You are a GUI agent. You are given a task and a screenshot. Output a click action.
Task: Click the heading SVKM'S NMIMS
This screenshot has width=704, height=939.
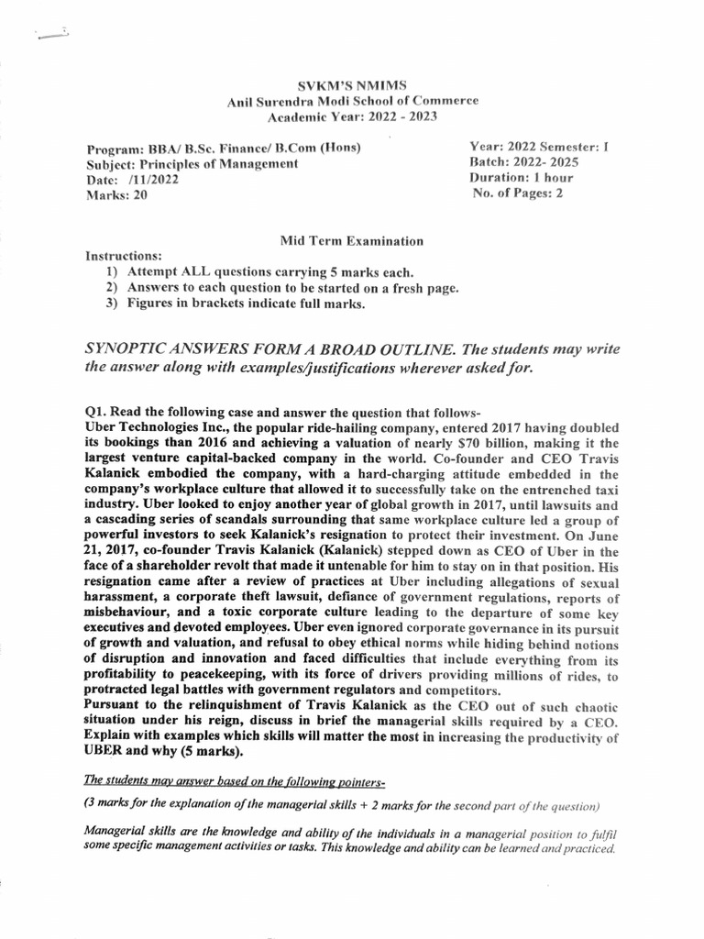(352, 84)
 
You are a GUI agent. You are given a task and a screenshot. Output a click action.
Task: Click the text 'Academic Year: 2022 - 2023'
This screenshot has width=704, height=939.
(352, 117)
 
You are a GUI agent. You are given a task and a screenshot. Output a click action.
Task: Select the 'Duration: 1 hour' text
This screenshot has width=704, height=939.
(526, 178)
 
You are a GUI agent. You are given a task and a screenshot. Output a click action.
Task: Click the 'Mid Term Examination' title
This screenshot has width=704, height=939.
(352, 241)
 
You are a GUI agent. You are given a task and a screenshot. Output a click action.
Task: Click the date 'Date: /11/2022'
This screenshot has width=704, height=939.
(132, 180)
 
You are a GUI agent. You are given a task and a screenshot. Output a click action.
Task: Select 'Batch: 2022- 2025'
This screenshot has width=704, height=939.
(525, 162)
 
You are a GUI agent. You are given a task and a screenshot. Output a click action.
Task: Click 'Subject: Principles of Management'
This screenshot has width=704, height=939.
(192, 164)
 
